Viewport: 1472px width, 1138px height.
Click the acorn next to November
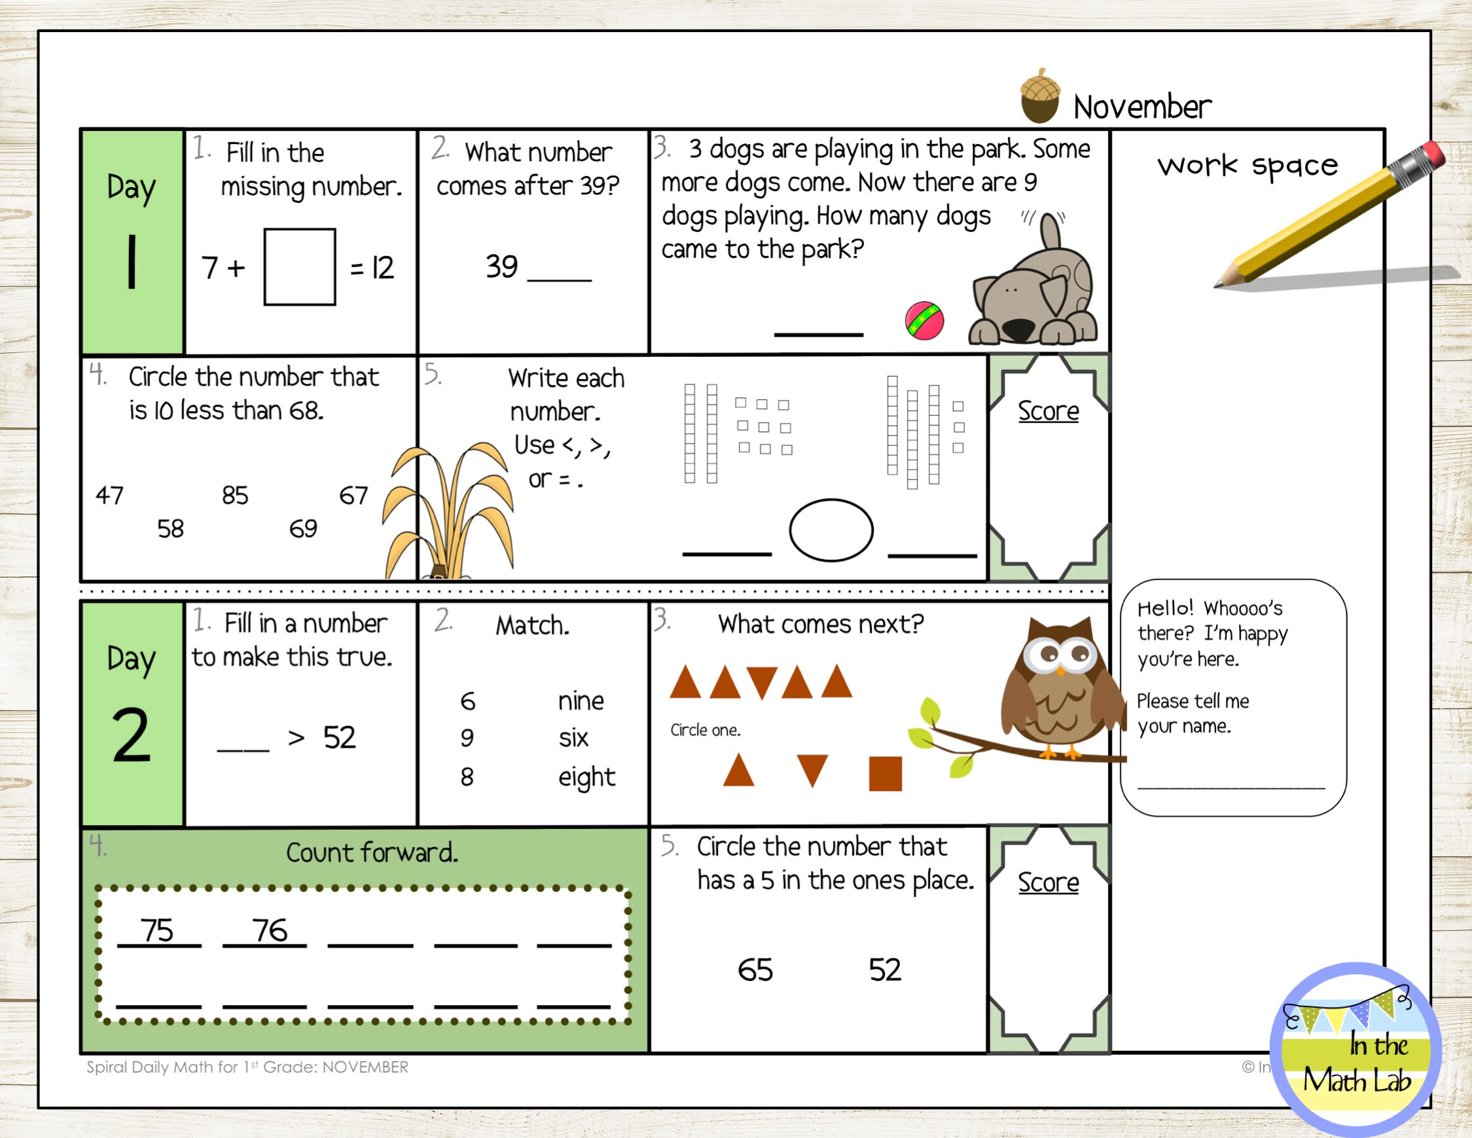coord(1039,96)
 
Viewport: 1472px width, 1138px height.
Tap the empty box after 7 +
coord(299,267)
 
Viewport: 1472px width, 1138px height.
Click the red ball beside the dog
coord(924,321)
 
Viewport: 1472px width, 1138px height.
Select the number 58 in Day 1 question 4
coord(171,528)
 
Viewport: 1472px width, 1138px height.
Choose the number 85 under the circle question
coord(235,496)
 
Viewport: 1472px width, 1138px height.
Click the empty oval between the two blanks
coord(831,530)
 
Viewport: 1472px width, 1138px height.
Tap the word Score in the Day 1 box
coord(1048,411)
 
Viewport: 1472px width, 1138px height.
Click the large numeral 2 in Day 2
coord(132,735)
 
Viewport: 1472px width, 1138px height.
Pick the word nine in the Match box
coord(581,701)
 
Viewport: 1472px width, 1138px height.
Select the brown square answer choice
coord(885,773)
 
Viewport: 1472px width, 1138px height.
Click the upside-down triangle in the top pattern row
coord(762,683)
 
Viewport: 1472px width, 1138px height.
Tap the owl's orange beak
coord(1061,670)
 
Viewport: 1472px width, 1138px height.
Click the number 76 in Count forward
coord(270,930)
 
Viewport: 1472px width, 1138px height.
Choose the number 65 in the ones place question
coord(755,970)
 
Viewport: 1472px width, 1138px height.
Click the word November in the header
coord(1141,107)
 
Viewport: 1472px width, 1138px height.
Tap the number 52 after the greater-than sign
coord(339,737)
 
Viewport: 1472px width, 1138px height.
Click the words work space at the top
coord(1247,165)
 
